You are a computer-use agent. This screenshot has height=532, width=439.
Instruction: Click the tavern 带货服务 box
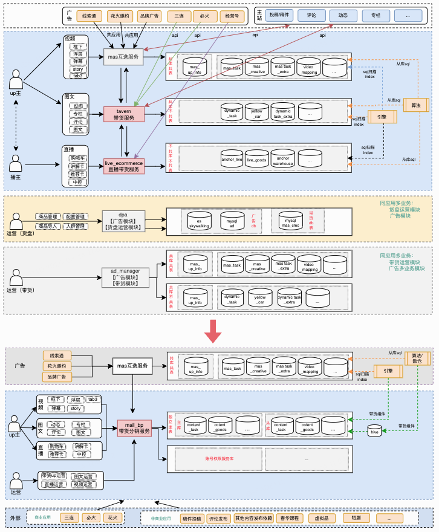124,114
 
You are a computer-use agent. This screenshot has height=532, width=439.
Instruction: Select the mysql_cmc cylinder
290,222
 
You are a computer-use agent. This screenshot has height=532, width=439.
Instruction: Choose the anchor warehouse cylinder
282,158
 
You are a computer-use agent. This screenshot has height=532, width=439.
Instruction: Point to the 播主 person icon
16,164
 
